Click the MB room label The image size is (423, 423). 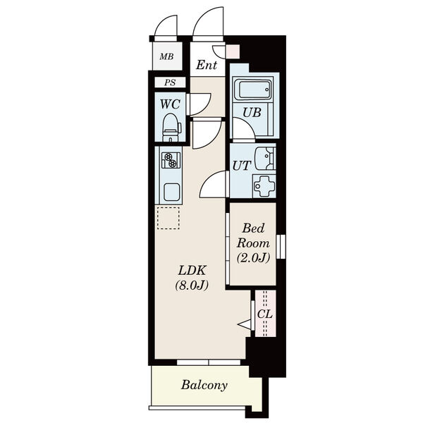pos(166,56)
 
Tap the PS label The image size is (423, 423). pos(170,82)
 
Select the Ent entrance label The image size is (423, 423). pos(207,65)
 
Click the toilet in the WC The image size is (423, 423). pos(171,128)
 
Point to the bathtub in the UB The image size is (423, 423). pos(253,90)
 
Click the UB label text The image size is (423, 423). pos(252,113)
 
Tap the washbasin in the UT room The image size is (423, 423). pos(265,159)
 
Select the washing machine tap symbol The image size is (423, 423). pos(264,186)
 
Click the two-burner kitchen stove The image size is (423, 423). pos(171,160)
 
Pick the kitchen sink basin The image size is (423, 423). pos(171,192)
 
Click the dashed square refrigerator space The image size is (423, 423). pos(168,219)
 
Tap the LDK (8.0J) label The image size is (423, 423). pos(192,278)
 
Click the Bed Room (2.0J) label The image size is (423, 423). pos(253,243)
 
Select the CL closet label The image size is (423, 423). pos(264,314)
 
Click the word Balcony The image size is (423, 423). pos(204,385)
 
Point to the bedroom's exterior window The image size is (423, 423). pos(281,246)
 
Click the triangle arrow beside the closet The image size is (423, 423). pos(244,324)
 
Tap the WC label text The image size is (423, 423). pos(170,104)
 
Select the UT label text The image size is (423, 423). pos(242,166)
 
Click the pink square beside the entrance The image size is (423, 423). pos(233,51)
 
